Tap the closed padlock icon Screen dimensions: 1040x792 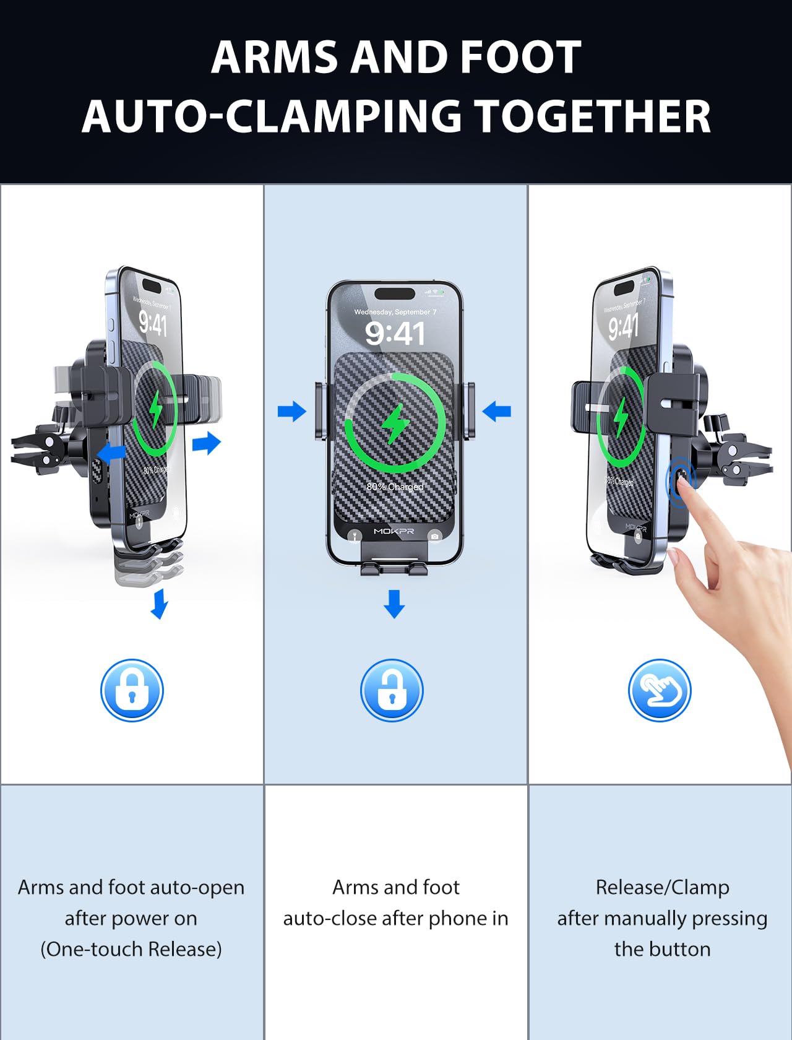click(x=132, y=690)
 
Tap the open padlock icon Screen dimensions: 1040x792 click(x=392, y=690)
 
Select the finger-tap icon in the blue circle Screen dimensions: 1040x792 click(x=660, y=690)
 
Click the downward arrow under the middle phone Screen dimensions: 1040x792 click(x=394, y=604)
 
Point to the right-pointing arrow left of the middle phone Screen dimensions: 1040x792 click(x=291, y=411)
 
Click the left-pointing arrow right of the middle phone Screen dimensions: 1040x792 click(x=496, y=411)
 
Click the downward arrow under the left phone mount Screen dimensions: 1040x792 click(x=160, y=604)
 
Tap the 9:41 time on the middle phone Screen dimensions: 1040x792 click(x=395, y=334)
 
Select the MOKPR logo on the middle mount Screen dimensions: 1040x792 click(x=394, y=531)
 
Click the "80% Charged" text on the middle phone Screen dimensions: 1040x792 click(x=395, y=487)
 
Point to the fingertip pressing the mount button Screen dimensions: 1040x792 click(x=681, y=483)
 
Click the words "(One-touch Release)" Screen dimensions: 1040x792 click(x=131, y=949)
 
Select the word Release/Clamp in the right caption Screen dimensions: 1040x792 click(x=662, y=887)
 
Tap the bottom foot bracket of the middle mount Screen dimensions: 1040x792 click(x=394, y=566)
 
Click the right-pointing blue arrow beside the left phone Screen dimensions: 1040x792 click(x=207, y=443)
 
